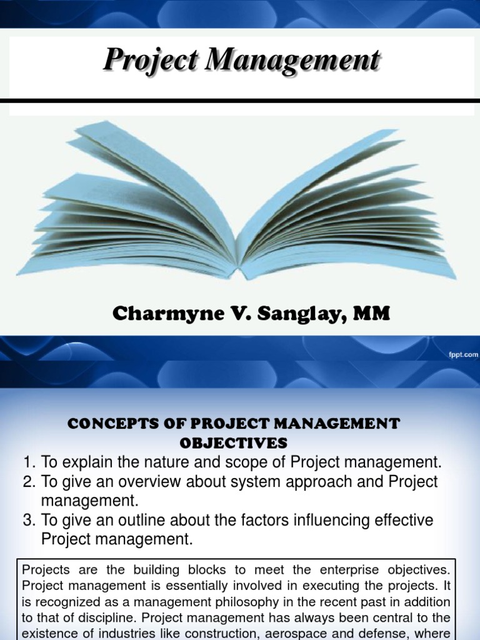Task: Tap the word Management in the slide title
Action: point(294,61)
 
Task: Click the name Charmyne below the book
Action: point(158,314)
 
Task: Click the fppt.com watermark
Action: point(462,354)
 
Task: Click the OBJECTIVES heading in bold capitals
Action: point(234,442)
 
